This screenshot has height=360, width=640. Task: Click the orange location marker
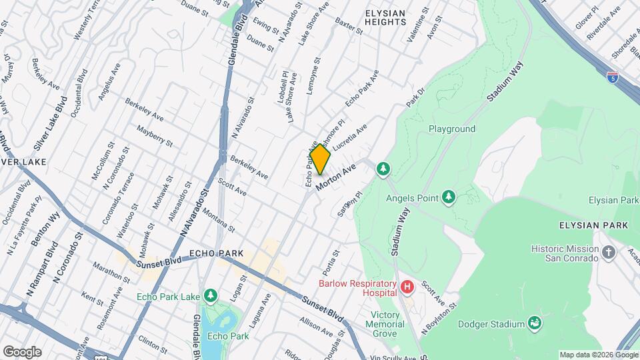[x=320, y=160]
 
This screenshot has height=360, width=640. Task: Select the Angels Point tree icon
[x=449, y=197]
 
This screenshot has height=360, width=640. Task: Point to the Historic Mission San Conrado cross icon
[x=608, y=253]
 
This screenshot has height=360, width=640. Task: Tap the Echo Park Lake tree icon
[x=211, y=295]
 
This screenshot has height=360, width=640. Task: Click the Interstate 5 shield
[x=611, y=77]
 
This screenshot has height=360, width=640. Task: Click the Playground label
[x=451, y=129]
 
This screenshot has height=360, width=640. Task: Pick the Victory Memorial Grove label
[x=386, y=324]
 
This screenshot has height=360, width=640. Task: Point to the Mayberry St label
[x=154, y=135]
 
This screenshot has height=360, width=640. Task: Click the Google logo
[x=22, y=351]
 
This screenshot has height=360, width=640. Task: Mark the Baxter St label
[x=349, y=27]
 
